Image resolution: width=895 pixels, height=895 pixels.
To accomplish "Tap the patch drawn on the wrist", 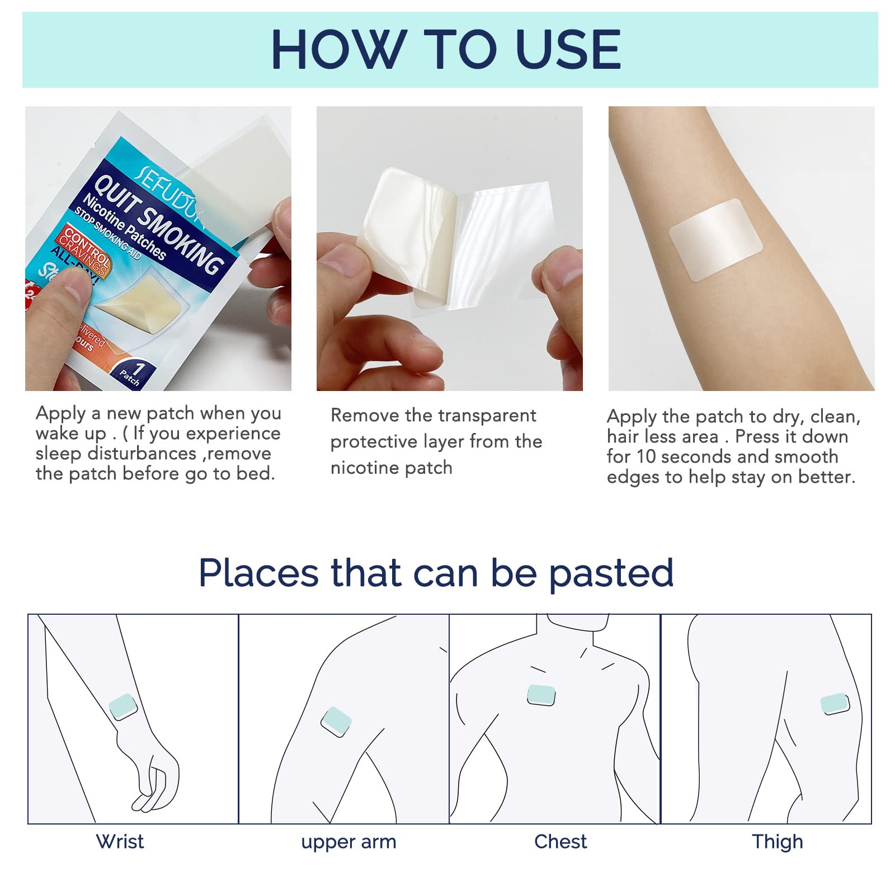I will click(123, 706).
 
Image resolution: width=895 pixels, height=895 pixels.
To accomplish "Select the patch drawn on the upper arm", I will click(336, 722).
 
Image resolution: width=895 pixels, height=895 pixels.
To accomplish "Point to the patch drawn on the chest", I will click(541, 695).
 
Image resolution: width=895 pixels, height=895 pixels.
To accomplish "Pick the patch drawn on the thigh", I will click(835, 704).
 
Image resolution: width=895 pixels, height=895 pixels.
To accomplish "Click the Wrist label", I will click(120, 841).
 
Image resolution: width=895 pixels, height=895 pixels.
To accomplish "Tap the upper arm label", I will click(348, 842).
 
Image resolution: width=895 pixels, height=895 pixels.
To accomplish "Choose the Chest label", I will click(560, 841).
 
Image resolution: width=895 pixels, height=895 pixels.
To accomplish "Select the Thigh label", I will click(777, 841).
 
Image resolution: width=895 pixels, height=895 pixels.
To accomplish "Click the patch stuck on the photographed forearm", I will click(716, 239).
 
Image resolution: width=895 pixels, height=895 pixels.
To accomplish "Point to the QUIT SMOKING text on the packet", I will click(159, 224).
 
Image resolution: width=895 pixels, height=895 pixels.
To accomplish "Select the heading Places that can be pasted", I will click(436, 573).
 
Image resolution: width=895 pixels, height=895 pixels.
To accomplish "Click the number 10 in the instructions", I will click(646, 456).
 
